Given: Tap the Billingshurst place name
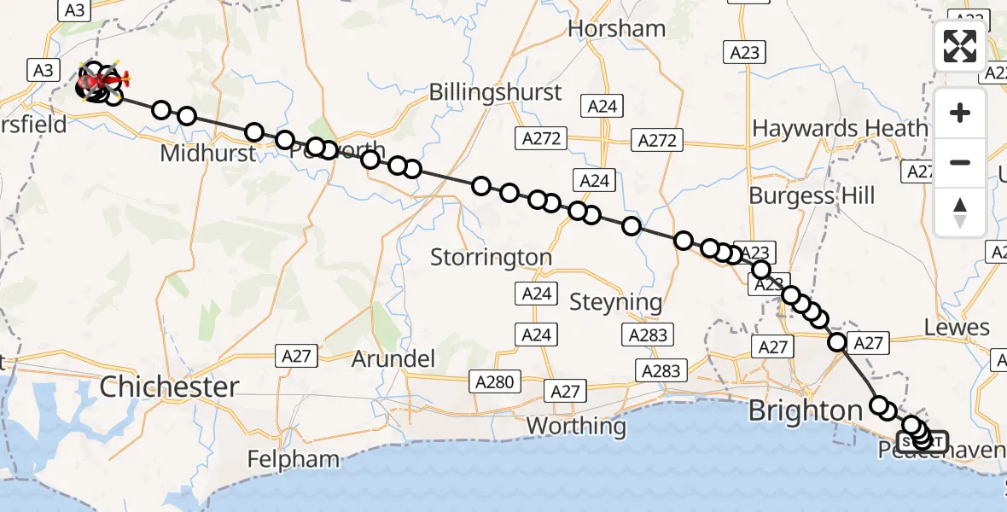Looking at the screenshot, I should tap(496, 92).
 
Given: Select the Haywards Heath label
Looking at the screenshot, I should tap(840, 129).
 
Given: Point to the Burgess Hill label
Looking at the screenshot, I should tap(812, 195).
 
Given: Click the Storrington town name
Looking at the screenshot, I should tap(491, 256).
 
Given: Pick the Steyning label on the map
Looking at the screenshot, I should tap(615, 302).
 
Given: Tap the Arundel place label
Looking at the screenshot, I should tap(393, 358).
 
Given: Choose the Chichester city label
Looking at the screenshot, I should tap(170, 387).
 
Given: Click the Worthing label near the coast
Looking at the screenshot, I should tap(576, 425).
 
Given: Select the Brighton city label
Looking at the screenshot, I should tap(806, 411).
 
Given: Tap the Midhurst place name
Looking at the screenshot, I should tap(207, 154).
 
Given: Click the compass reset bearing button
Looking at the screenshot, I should tap(960, 211).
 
